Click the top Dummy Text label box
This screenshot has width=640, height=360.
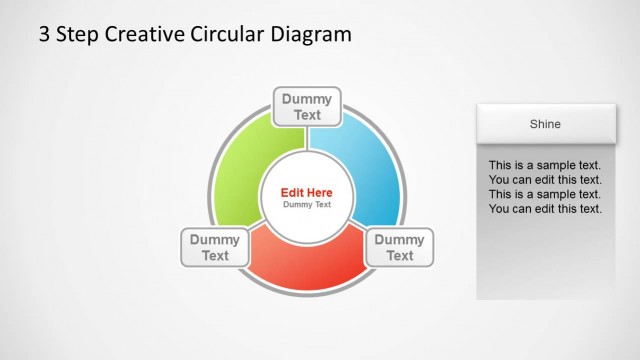[x=307, y=107]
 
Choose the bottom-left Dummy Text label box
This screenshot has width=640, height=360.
[x=215, y=247]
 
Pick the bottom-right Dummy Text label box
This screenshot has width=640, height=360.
[x=399, y=247]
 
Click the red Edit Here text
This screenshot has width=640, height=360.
[x=307, y=192]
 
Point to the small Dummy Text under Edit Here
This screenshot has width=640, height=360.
[x=307, y=205]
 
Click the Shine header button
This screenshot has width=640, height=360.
[x=545, y=124]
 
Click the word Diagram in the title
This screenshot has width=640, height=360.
[x=311, y=35]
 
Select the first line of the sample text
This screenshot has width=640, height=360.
[x=545, y=165]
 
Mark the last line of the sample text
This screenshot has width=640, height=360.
[x=545, y=209]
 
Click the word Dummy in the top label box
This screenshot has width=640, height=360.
[x=307, y=99]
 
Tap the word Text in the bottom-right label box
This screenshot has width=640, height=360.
[x=399, y=256]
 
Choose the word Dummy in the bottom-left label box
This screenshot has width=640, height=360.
[x=215, y=240]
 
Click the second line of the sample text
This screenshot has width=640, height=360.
[x=545, y=180]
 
